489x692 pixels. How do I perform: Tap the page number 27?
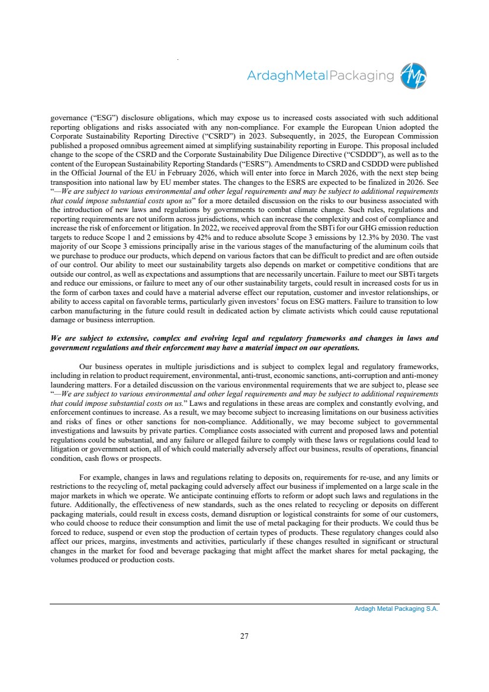point(244,636)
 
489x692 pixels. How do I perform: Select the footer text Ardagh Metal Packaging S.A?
point(392,608)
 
